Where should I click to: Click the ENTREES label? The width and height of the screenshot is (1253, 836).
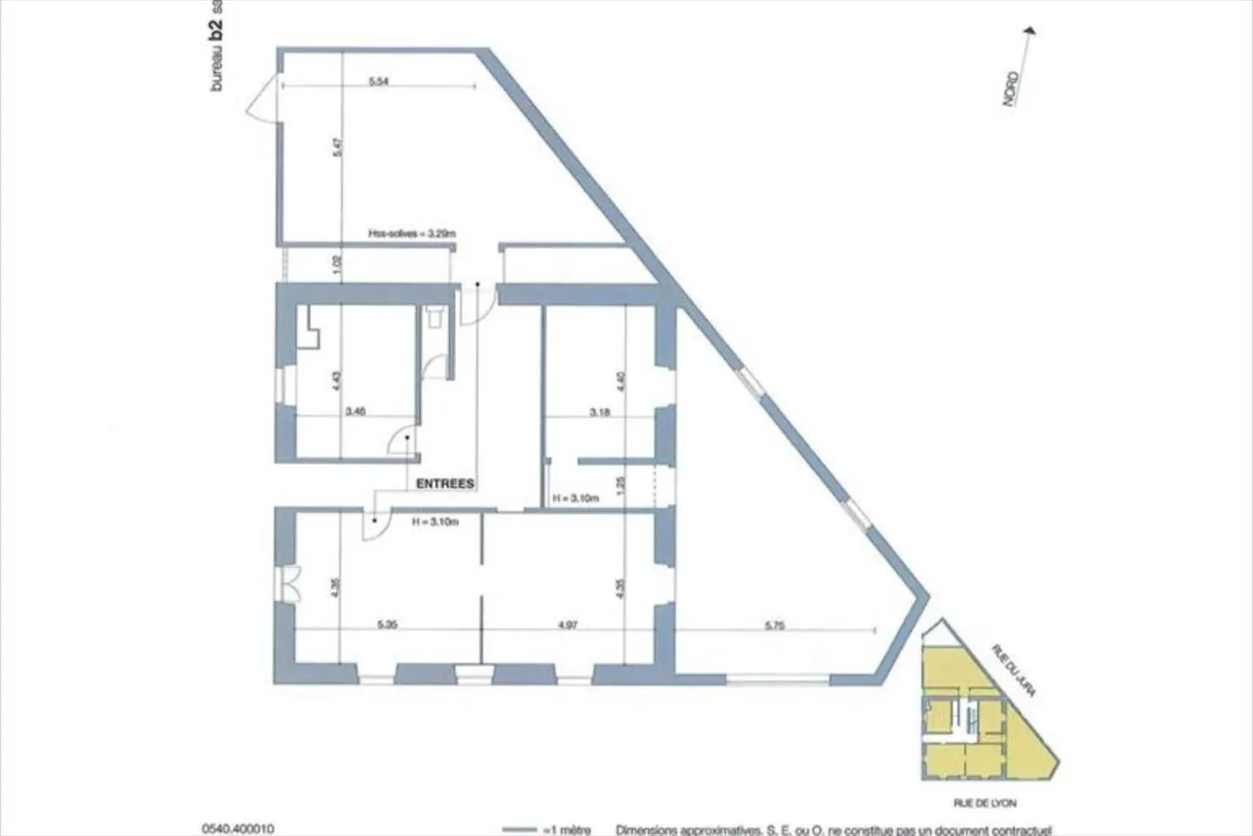445,483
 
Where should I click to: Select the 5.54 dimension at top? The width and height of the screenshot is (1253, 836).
379,81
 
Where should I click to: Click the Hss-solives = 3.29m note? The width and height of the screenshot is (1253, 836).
412,233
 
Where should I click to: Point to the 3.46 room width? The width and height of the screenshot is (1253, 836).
354,412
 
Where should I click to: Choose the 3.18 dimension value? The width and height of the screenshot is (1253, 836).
600,412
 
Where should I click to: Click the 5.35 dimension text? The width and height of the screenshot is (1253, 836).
388,624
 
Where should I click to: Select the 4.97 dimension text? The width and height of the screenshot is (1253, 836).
568,624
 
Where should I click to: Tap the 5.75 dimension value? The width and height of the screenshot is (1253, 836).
774,624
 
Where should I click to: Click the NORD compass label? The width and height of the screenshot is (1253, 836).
1011,89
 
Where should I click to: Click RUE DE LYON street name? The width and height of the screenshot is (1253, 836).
984,803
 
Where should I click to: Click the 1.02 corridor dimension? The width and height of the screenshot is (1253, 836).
338,265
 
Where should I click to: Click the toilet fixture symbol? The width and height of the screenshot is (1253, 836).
435,317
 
